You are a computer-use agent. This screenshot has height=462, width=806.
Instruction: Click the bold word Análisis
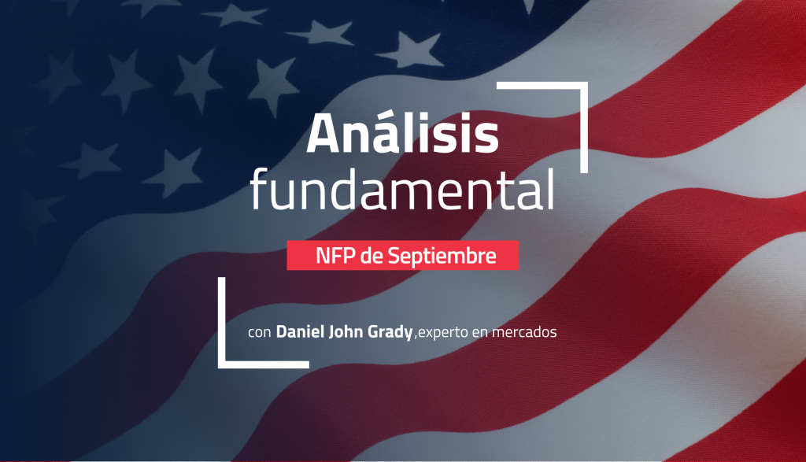click(402, 132)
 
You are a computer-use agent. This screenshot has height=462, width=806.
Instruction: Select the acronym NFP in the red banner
click(335, 256)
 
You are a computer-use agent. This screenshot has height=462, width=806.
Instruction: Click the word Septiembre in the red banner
click(442, 256)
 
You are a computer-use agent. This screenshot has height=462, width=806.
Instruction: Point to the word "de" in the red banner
click(372, 256)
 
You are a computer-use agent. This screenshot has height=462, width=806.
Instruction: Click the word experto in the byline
click(443, 333)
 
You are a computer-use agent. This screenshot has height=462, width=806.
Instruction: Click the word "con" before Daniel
click(260, 333)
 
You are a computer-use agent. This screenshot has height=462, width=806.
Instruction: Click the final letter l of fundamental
click(551, 187)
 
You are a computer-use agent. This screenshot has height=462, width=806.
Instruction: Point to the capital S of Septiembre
click(394, 256)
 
